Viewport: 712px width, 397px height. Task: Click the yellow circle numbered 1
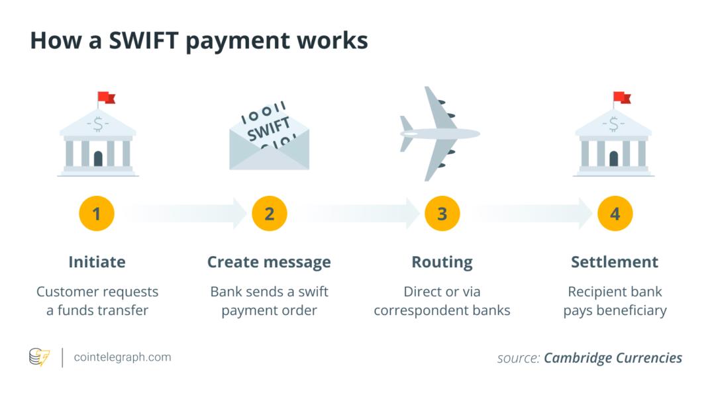point(96,213)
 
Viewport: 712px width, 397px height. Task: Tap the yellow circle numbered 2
point(270,213)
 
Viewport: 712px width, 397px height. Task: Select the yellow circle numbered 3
point(442,213)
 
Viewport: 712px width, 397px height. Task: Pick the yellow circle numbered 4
point(615,213)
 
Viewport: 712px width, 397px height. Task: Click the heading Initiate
point(97,262)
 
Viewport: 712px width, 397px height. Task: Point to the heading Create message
point(270,262)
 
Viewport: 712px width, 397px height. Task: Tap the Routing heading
point(442,263)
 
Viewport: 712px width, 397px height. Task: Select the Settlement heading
point(615,262)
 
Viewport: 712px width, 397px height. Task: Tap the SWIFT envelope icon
point(270,136)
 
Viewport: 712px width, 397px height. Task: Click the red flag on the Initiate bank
point(107,97)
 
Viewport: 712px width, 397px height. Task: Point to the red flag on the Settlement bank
point(622,97)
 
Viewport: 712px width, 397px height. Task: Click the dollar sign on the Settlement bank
point(613,124)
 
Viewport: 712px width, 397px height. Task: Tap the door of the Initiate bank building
point(98,158)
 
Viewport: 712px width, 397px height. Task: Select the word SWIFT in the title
point(144,40)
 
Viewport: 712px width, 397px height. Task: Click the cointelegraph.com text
point(123,357)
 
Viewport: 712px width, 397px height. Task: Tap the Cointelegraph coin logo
point(39,357)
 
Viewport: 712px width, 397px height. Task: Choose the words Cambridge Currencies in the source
point(613,358)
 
